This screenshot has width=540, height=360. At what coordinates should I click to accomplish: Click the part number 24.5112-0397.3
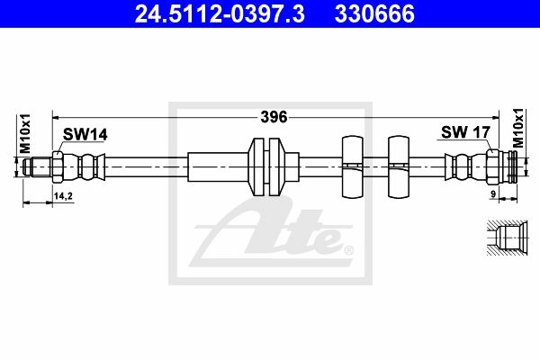point(220,13)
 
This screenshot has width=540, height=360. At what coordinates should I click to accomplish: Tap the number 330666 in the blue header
point(374,13)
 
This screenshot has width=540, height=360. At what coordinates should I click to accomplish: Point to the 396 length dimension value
point(274,117)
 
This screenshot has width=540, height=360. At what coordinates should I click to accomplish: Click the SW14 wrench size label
point(85,134)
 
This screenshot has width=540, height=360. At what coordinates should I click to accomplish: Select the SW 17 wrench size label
point(465,132)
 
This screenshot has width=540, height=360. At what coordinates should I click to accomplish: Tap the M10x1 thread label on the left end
point(25,134)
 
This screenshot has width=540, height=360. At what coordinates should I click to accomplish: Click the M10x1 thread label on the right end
point(517,128)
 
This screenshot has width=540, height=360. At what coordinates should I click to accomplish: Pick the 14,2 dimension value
point(63,196)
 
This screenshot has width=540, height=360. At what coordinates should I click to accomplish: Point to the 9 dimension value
point(493,194)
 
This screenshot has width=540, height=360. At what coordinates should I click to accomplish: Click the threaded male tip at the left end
point(37,167)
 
